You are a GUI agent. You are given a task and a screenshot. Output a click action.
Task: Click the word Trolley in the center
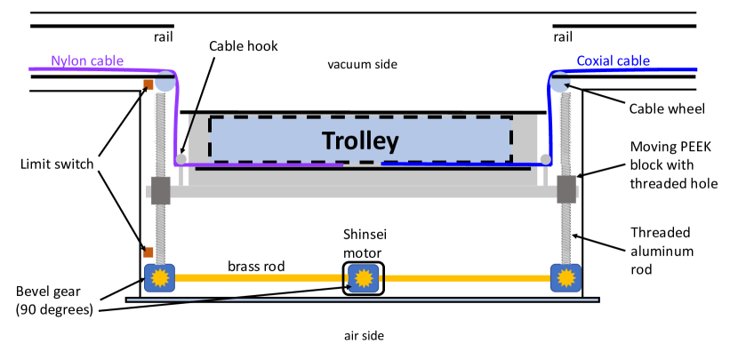[360, 140]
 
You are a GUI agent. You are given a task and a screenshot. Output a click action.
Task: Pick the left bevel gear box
[161, 278]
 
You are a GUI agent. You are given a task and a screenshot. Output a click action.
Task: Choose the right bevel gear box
[565, 278]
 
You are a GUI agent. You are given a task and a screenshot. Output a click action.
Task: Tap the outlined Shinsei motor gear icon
[362, 278]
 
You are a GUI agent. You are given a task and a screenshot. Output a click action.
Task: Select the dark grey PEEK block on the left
[161, 190]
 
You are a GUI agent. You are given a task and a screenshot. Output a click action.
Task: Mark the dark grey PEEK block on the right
[566, 188]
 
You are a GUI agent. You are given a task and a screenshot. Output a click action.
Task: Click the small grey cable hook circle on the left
[181, 159]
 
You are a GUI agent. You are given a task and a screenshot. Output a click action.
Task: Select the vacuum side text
[362, 64]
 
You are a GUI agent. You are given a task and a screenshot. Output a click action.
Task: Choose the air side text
[362, 335]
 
